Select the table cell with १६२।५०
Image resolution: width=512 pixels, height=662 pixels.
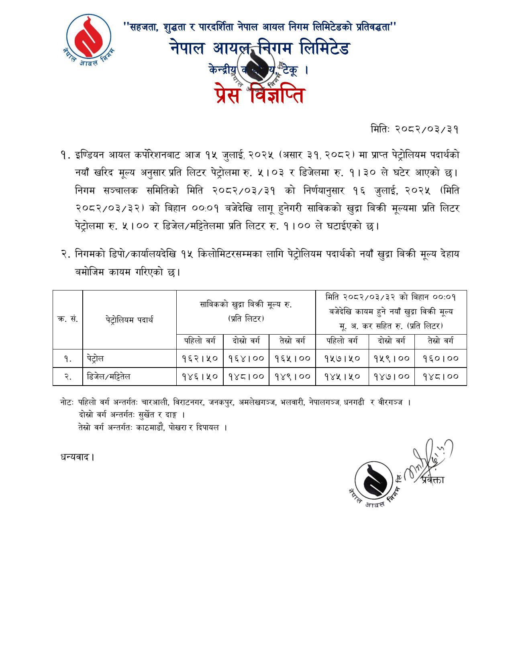pos(200,358)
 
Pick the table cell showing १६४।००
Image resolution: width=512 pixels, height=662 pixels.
pos(246,358)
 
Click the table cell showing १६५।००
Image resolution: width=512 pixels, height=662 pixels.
pos(292,358)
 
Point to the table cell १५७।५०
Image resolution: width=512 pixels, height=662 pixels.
pos(342,358)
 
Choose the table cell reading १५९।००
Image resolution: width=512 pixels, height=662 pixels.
pos(392,358)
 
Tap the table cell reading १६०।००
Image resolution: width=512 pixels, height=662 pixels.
pos(441,358)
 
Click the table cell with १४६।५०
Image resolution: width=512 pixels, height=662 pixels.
pos(200,376)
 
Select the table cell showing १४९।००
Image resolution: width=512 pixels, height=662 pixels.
pos(292,376)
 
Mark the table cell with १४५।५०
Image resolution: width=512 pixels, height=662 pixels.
pos(342,376)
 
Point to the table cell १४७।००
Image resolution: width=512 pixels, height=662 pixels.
pos(392,376)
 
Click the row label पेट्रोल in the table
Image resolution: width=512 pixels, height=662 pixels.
pos(95,358)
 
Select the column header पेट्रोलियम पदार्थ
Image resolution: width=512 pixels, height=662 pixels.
pos(129,320)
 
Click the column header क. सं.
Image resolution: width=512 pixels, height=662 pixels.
pos(67,319)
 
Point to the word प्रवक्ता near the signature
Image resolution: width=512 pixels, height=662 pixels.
pos(433,480)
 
